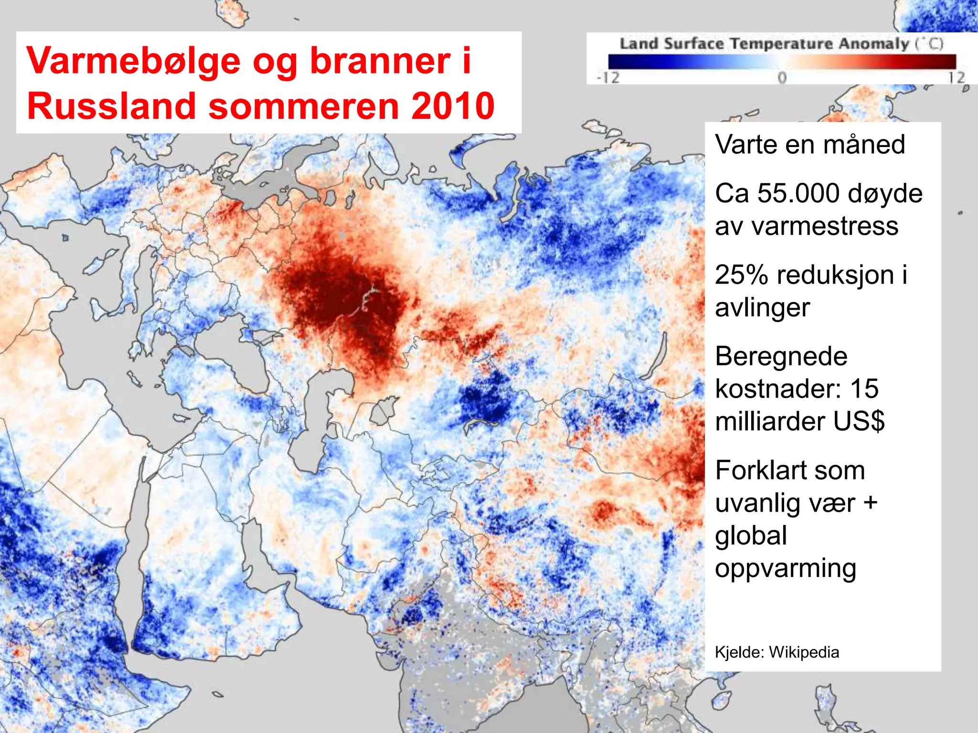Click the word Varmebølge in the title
(133, 61)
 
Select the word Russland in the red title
(111, 106)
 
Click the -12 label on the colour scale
(608, 78)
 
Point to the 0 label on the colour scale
(782, 78)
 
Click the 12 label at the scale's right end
(957, 78)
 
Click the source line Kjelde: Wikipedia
(776, 652)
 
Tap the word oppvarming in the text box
(785, 568)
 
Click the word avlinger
(762, 307)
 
